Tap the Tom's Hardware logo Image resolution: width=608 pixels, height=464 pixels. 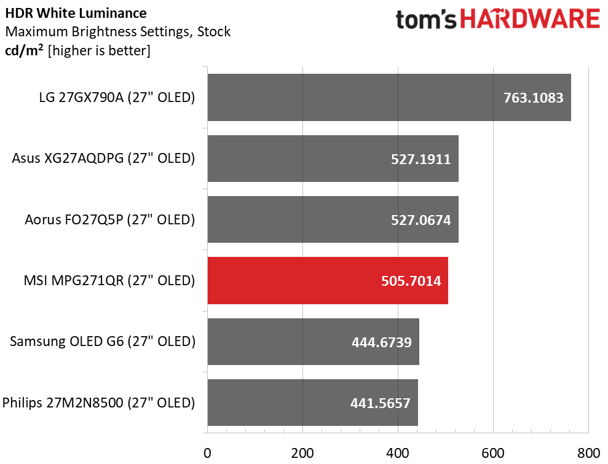(x=497, y=20)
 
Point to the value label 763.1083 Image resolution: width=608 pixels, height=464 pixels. (x=533, y=98)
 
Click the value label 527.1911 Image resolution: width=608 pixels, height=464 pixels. (x=420, y=159)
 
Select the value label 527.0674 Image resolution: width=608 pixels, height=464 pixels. (x=420, y=220)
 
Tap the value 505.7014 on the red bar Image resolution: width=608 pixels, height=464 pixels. (x=410, y=281)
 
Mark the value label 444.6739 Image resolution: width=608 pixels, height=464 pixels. (x=381, y=342)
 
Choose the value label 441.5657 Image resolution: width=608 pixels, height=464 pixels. (x=380, y=403)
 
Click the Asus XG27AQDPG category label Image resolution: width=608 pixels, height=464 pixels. (x=103, y=159)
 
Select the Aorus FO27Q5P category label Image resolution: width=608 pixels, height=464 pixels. (x=110, y=219)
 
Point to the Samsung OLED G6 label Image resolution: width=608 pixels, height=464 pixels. (x=103, y=341)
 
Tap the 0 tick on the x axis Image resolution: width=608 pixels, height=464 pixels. (x=208, y=454)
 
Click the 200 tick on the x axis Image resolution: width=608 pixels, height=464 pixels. (x=302, y=454)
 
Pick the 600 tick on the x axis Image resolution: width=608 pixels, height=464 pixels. (x=493, y=454)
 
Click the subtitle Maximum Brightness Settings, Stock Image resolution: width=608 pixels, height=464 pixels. (x=117, y=31)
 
